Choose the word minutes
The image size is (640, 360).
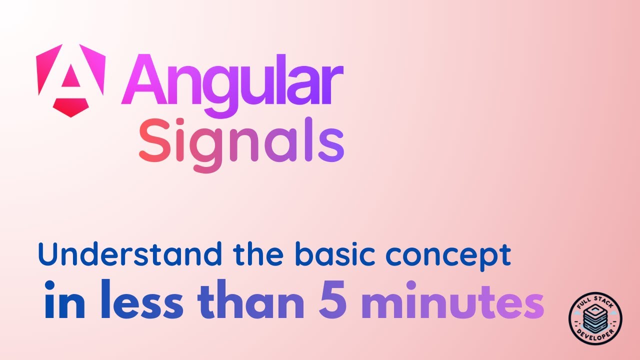[452, 303]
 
